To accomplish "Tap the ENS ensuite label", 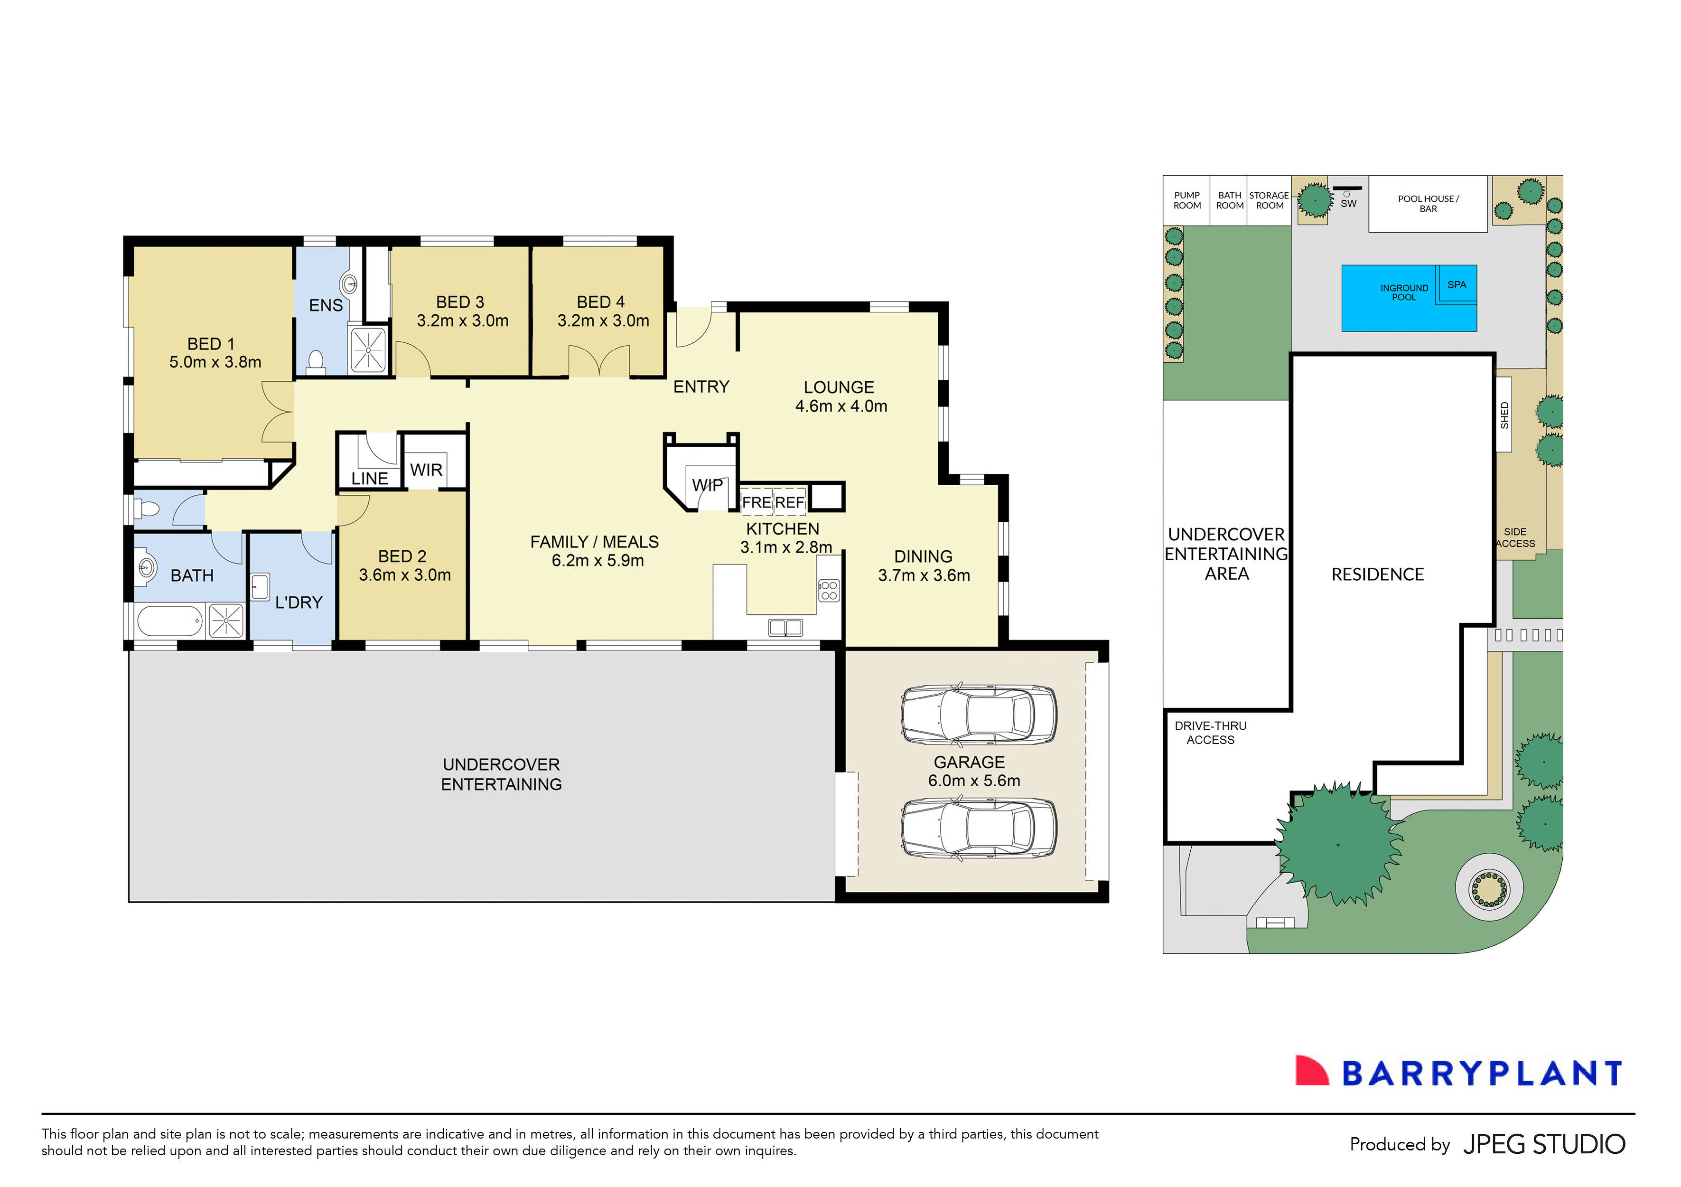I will click(326, 305).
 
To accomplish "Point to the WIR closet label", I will click(426, 470).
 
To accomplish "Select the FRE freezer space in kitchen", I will click(756, 502).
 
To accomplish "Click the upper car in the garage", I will click(978, 715).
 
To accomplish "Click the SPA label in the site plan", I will click(1456, 285).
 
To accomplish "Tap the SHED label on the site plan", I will click(1504, 415).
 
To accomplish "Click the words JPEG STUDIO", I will click(1543, 1145).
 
